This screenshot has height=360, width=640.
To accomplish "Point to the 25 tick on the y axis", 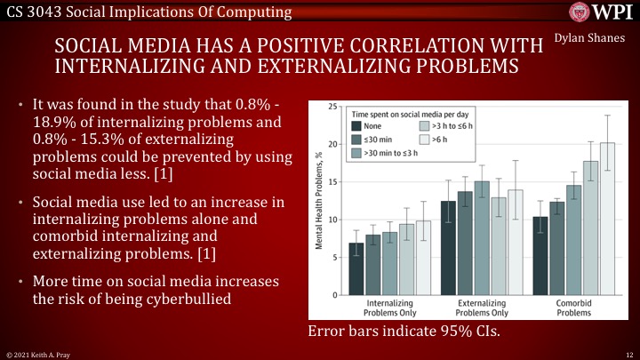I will [332, 107].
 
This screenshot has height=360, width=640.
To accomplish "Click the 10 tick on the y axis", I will [332, 220].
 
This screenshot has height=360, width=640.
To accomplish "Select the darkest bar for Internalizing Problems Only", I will [356, 268].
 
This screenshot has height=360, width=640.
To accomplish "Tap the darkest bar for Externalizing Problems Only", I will [448, 248].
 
